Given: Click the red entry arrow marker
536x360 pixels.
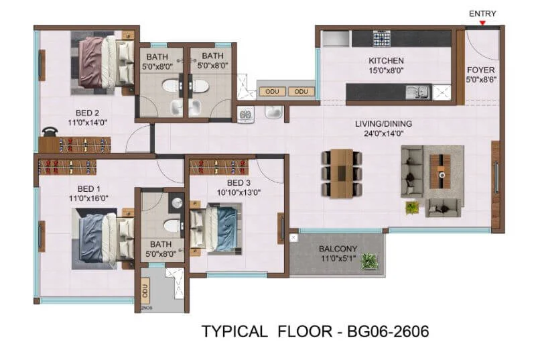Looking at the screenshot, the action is pyautogui.click(x=482, y=23).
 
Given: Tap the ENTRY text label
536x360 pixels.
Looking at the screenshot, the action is pyautogui.click(x=482, y=13).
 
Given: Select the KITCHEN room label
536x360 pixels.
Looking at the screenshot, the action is pyautogui.click(x=386, y=60).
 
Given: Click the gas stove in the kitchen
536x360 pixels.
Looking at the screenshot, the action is pyautogui.click(x=381, y=38).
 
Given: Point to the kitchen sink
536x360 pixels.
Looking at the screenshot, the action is pyautogui.click(x=418, y=93).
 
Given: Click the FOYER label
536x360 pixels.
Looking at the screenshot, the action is pyautogui.click(x=480, y=70).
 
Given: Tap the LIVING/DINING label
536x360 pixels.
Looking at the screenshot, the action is pyautogui.click(x=383, y=124).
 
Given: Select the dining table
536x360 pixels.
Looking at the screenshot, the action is pyautogui.click(x=342, y=174).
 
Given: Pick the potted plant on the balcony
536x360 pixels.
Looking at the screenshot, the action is pyautogui.click(x=369, y=261).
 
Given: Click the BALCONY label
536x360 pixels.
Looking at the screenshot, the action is pyautogui.click(x=338, y=249).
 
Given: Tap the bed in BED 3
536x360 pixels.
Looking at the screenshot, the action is pyautogui.click(x=216, y=229).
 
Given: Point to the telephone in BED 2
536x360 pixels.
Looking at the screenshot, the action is pyautogui.click(x=50, y=131).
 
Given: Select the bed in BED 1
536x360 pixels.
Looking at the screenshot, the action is pyautogui.click(x=103, y=238).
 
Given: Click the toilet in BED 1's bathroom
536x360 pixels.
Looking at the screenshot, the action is pyautogui.click(x=173, y=226).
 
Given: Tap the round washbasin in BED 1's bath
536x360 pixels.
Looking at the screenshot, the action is pyautogui.click(x=177, y=203).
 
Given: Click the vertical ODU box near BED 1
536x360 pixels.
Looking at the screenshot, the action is pyautogui.click(x=145, y=291).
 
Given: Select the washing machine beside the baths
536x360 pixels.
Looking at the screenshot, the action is pyautogui.click(x=245, y=114).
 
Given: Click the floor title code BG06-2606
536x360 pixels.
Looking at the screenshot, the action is pyautogui.click(x=388, y=332).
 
